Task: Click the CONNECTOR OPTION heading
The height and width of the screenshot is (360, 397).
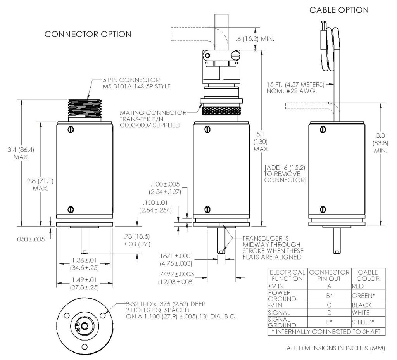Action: click(x=88, y=34)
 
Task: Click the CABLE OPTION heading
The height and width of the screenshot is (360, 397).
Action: click(x=339, y=10)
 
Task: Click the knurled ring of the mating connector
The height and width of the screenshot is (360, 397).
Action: click(x=220, y=111)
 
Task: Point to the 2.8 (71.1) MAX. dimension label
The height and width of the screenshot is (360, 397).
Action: click(x=40, y=185)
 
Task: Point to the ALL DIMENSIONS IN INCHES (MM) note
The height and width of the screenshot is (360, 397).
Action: click(x=335, y=348)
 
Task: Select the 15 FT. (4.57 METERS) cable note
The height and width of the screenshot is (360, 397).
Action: click(x=296, y=87)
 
